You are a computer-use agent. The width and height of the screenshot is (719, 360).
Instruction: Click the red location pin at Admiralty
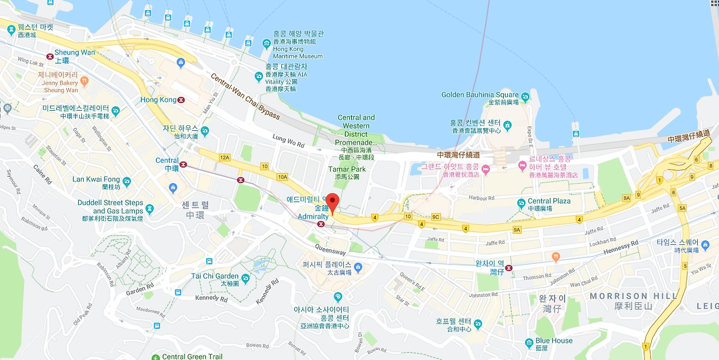tap(333, 202)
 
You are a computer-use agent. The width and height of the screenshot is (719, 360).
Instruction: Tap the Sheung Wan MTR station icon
tap(50, 56)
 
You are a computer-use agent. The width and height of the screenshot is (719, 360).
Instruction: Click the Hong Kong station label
tap(158, 99)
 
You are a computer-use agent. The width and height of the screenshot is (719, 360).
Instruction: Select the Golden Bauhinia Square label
tap(480, 94)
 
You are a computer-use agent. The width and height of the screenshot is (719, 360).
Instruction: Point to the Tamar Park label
tap(347, 169)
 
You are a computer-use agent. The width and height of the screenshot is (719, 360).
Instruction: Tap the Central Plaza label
tap(549, 201)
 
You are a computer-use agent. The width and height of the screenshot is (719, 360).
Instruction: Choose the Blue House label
tap(554, 340)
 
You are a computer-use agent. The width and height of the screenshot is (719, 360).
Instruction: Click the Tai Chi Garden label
tap(215, 276)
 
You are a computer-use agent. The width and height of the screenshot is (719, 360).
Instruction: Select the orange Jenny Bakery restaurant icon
tap(84, 81)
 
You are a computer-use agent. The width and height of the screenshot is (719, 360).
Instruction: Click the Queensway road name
tap(330, 252)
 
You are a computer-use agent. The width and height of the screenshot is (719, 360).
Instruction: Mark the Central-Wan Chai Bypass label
tap(245, 96)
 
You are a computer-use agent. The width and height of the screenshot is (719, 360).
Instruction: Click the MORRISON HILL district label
tap(626, 296)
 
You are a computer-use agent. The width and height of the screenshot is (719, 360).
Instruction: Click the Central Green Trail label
tap(192, 357)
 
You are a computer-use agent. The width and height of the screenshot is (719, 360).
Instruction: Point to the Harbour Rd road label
tap(483, 198)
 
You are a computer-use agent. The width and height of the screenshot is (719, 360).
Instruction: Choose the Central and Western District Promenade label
tap(356, 130)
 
